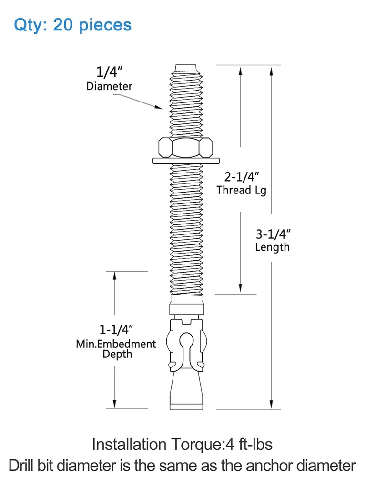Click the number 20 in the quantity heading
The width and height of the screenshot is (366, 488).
tap(63, 24)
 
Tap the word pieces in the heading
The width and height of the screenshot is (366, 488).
tap(106, 25)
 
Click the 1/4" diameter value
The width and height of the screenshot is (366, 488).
tap(110, 73)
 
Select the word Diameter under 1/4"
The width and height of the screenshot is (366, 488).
tap(109, 86)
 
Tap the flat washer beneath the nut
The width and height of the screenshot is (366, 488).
tap(186, 161)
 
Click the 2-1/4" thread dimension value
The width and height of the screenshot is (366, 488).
tap(242, 177)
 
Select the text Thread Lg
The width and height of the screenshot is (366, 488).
tap(241, 190)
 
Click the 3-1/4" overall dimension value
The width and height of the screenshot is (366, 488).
tap(274, 234)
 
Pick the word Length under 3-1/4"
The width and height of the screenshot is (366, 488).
tap(272, 247)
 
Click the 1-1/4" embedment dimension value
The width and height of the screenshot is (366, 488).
tap(115, 329)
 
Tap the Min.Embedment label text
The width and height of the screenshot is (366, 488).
tap(116, 343)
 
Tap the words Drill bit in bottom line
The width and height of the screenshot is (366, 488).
tap(35, 466)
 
